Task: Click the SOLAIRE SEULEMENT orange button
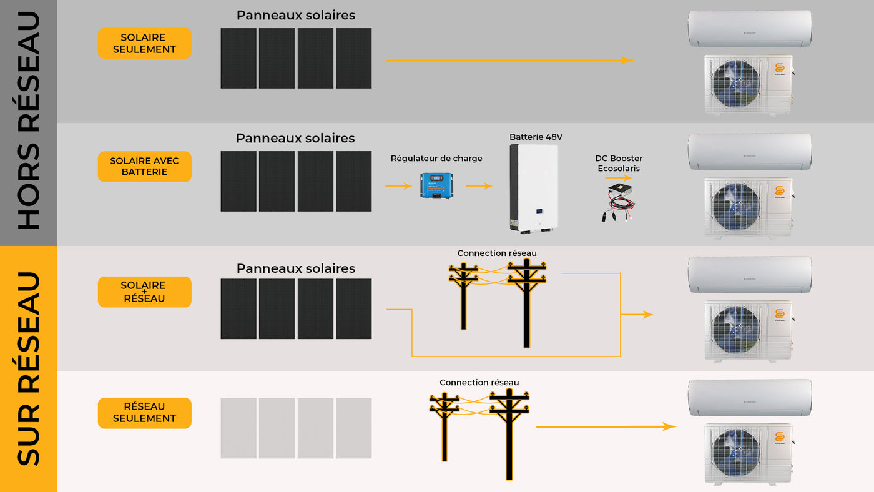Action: click(x=144, y=44)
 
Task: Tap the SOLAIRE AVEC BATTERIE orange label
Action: click(x=144, y=166)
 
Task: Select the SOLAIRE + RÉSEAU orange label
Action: click(x=144, y=292)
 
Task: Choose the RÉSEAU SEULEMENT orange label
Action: click(x=144, y=413)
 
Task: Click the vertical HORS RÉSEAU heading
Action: click(x=28, y=122)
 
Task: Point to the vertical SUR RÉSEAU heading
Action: click(x=28, y=368)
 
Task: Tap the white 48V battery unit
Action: click(x=534, y=189)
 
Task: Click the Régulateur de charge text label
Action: click(x=436, y=159)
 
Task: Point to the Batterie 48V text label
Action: click(x=531, y=137)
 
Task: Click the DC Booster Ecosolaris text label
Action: click(x=619, y=164)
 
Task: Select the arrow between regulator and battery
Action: click(x=479, y=186)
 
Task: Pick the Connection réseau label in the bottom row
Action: click(x=479, y=383)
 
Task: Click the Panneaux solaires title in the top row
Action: click(x=295, y=16)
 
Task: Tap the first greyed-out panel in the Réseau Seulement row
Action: click(x=238, y=428)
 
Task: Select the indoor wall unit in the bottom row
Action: click(x=749, y=397)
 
